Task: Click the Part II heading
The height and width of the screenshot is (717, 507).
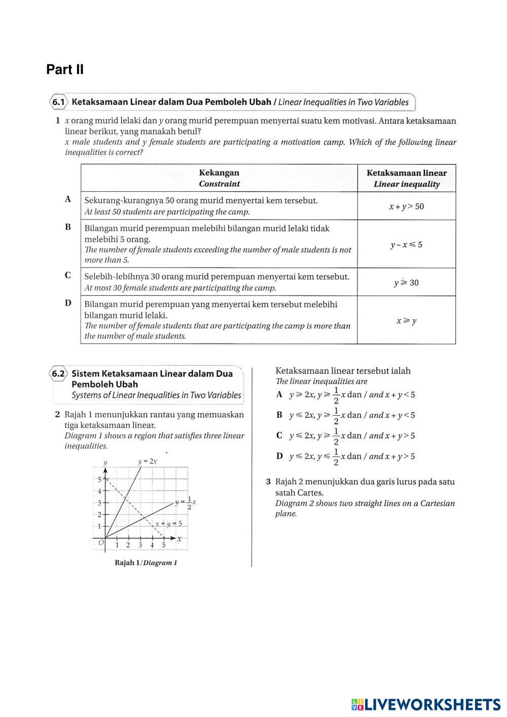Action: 65,69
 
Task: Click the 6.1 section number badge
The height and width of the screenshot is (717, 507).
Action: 59,102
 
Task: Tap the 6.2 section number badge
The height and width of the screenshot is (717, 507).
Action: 59,374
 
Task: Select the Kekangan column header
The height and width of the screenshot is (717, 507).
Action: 219,178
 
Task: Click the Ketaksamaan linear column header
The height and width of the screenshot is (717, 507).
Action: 406,178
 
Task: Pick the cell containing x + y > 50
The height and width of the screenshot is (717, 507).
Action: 406,206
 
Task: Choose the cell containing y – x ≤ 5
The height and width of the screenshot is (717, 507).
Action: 406,244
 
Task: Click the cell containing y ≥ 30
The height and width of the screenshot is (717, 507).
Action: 406,282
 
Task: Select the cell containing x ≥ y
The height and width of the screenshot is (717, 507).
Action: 406,320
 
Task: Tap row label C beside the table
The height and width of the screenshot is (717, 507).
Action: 68,275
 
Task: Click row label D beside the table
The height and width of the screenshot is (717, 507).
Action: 68,303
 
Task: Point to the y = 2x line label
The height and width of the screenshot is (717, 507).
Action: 147,461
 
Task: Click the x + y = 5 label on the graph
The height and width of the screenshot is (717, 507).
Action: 168,524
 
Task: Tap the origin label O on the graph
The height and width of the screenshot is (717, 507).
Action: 101,543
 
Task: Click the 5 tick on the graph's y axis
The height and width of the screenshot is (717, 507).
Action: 99,479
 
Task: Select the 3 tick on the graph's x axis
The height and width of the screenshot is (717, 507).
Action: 140,546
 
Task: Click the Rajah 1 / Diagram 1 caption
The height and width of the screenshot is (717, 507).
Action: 146,562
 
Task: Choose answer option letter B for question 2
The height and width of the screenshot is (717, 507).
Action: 279,415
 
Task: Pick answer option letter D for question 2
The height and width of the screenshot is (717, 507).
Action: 279,456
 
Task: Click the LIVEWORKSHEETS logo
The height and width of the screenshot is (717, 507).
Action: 426,704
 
